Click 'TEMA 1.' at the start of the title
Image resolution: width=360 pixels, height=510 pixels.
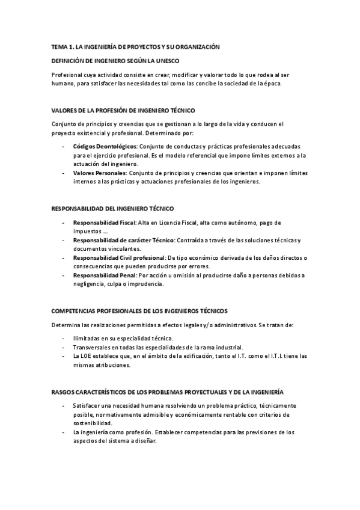coord(63,47)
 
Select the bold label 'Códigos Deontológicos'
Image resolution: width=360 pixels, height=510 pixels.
coord(105,147)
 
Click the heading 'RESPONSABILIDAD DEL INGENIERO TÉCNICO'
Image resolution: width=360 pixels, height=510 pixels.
coord(113,208)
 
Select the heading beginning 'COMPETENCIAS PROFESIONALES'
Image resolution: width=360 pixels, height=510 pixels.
coord(139,311)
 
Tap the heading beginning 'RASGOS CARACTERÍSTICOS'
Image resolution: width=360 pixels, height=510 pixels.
coord(168,375)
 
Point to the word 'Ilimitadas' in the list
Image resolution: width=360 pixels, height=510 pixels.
coord(88,339)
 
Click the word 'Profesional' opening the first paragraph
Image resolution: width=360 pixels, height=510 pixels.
coord(69,75)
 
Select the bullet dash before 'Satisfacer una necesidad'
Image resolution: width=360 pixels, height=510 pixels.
coord(64,406)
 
